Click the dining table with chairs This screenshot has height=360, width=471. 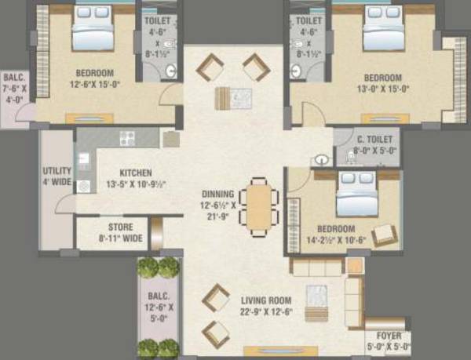tap(258, 203)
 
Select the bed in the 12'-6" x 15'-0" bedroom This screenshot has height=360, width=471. tap(94, 30)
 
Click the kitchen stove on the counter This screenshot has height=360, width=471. tap(128, 139)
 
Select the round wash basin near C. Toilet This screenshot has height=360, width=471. tap(322, 159)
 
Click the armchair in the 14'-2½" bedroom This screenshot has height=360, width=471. tap(384, 235)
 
